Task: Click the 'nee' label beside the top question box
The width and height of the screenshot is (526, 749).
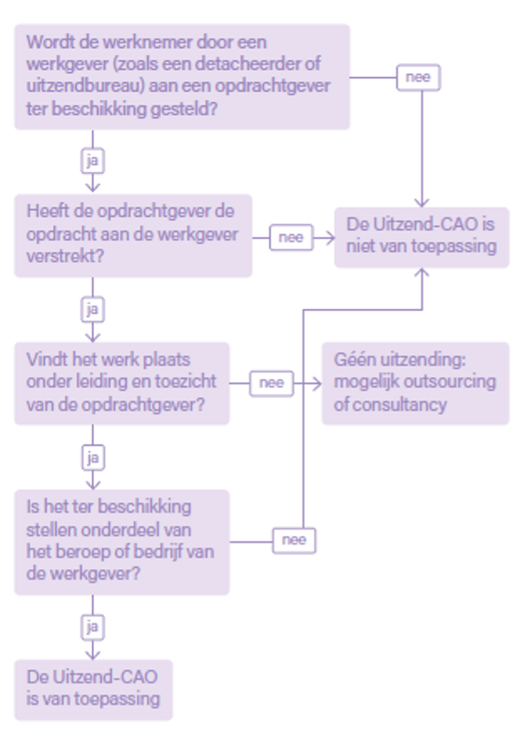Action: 418,77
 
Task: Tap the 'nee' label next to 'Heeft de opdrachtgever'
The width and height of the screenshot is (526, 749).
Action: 291,237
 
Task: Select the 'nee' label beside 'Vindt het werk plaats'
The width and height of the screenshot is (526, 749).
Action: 271,383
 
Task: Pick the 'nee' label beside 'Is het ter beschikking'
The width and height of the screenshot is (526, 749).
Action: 293,540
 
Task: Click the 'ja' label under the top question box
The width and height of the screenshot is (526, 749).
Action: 93,161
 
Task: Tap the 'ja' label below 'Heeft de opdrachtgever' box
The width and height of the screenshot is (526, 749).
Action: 93,310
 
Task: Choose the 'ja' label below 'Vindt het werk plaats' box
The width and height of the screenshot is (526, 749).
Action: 93,458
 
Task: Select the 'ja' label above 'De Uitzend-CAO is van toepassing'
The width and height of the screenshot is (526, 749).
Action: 93,627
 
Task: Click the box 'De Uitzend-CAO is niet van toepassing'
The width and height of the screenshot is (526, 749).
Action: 422,237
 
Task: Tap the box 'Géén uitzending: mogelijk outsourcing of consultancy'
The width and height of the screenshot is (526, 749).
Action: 415,383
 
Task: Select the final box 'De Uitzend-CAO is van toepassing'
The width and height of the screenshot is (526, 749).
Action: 93,690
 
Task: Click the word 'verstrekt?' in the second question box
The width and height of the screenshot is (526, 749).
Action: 65,257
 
